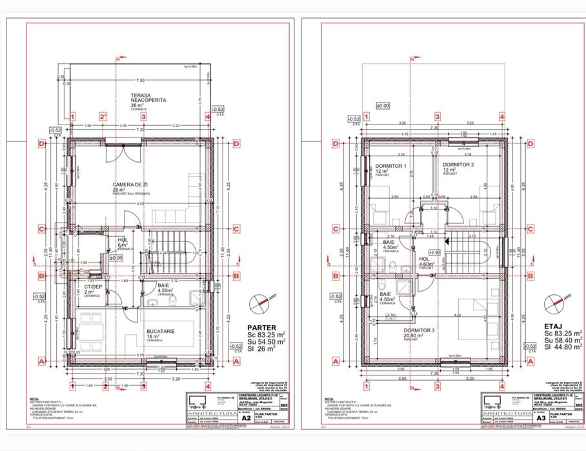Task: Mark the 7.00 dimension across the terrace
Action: (x=139, y=80)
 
